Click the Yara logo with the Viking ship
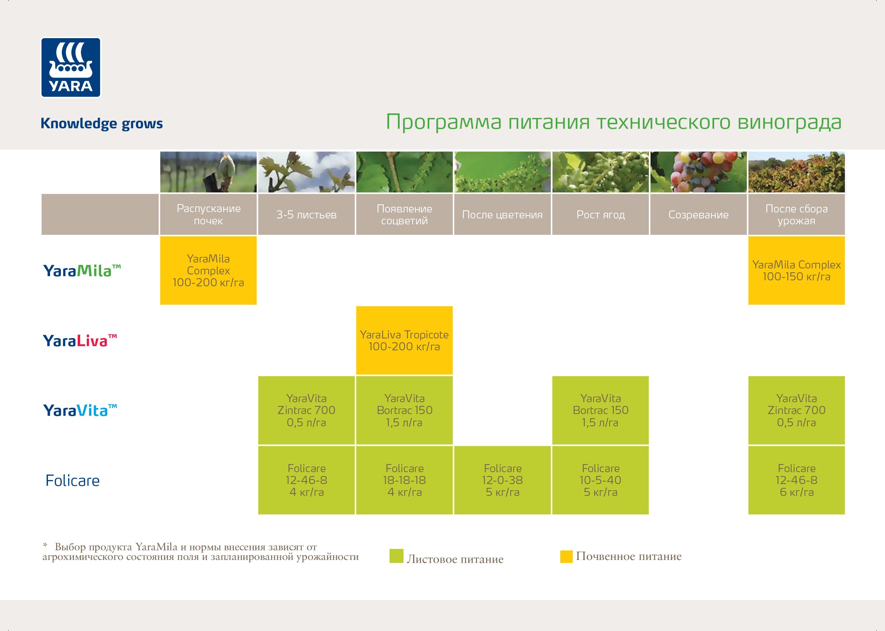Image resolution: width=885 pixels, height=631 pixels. click(x=71, y=67)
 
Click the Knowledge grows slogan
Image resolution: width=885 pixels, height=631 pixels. click(x=101, y=124)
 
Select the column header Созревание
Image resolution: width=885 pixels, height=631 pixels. click(x=698, y=215)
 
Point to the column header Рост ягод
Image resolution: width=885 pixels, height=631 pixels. click(x=600, y=215)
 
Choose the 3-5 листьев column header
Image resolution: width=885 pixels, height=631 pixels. click(x=306, y=215)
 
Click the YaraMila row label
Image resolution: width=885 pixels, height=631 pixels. click(x=82, y=271)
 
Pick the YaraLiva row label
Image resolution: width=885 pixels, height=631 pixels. click(x=80, y=341)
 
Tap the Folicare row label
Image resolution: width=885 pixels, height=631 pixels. click(x=73, y=481)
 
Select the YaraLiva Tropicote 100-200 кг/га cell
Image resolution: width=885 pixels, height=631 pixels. click(x=405, y=341)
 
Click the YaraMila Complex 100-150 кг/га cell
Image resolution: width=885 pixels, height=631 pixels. click(x=796, y=271)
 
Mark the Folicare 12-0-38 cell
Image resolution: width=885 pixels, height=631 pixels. click(x=502, y=480)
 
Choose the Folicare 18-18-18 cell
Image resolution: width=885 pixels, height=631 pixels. click(x=405, y=480)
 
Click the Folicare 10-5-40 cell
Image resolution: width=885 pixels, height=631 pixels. click(x=600, y=480)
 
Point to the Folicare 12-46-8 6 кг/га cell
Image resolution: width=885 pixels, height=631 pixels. click(x=796, y=480)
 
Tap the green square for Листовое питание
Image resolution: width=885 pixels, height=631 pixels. click(x=396, y=556)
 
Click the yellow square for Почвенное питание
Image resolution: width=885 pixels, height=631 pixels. click(x=566, y=556)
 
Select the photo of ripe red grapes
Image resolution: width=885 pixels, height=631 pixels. click(x=698, y=172)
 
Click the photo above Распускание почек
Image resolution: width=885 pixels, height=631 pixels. click(x=208, y=172)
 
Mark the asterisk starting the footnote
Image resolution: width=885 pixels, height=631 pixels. click(x=45, y=546)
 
